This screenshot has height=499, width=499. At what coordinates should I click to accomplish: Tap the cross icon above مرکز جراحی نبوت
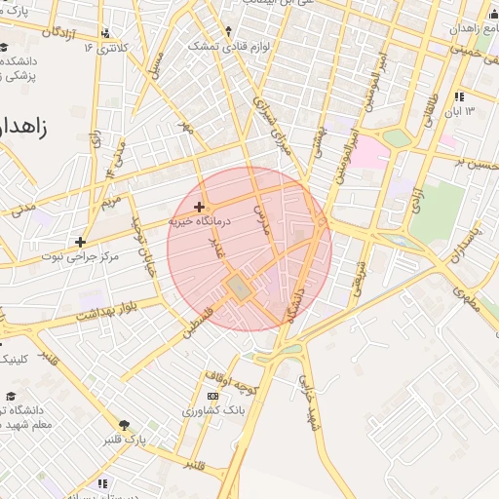[x=80, y=242]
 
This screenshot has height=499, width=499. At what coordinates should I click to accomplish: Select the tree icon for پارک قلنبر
[x=123, y=424]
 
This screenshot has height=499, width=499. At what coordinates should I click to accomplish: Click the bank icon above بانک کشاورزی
[x=212, y=396]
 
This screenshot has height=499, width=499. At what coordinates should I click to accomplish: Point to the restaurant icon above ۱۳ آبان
[x=458, y=96]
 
